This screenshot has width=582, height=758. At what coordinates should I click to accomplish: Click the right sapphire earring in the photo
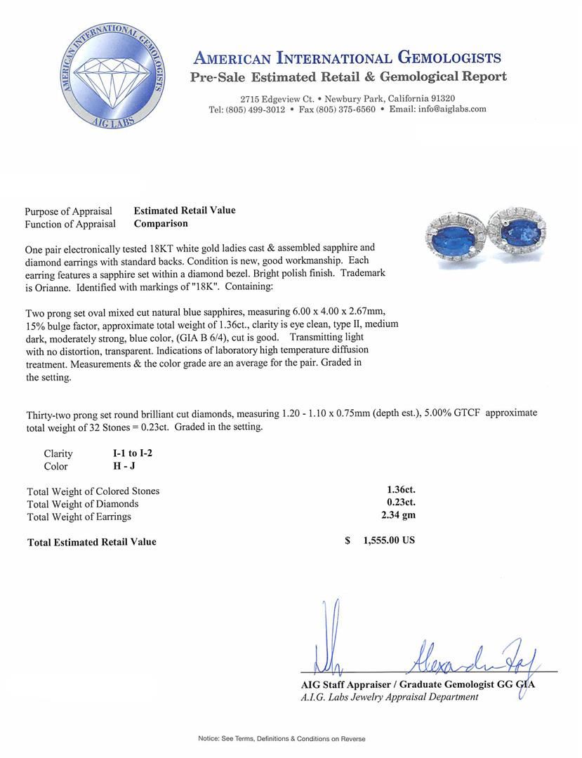(520, 229)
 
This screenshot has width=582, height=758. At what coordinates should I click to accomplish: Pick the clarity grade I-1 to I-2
(127, 453)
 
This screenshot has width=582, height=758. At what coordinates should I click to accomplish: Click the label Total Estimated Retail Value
(91, 542)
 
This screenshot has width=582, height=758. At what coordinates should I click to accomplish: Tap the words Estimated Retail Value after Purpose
(185, 211)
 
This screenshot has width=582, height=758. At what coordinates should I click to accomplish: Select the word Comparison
(161, 223)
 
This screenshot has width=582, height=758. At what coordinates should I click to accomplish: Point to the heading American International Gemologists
(347, 58)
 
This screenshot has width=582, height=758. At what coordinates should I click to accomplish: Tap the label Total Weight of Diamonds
(82, 504)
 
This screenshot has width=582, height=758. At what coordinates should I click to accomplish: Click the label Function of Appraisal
(70, 224)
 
